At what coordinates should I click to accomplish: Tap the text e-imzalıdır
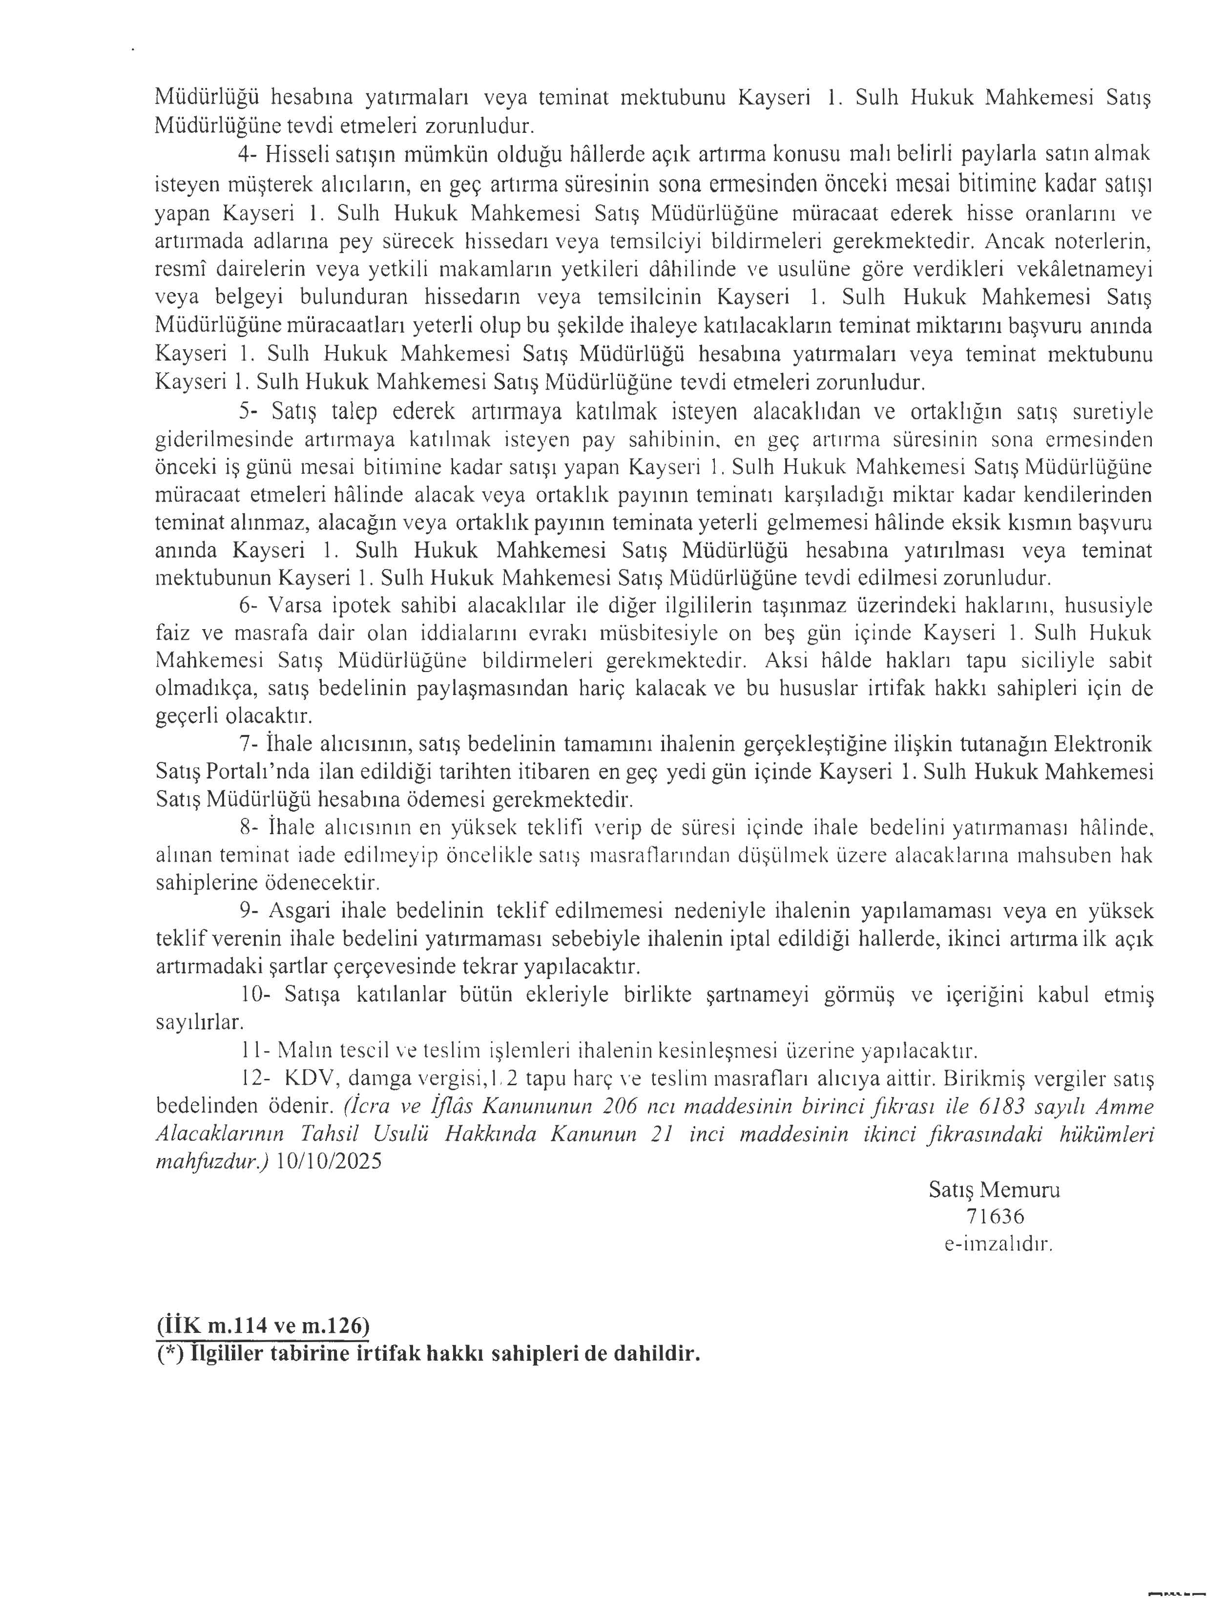pyautogui.click(x=998, y=1244)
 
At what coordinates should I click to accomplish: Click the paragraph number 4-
pyautogui.click(x=249, y=155)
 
